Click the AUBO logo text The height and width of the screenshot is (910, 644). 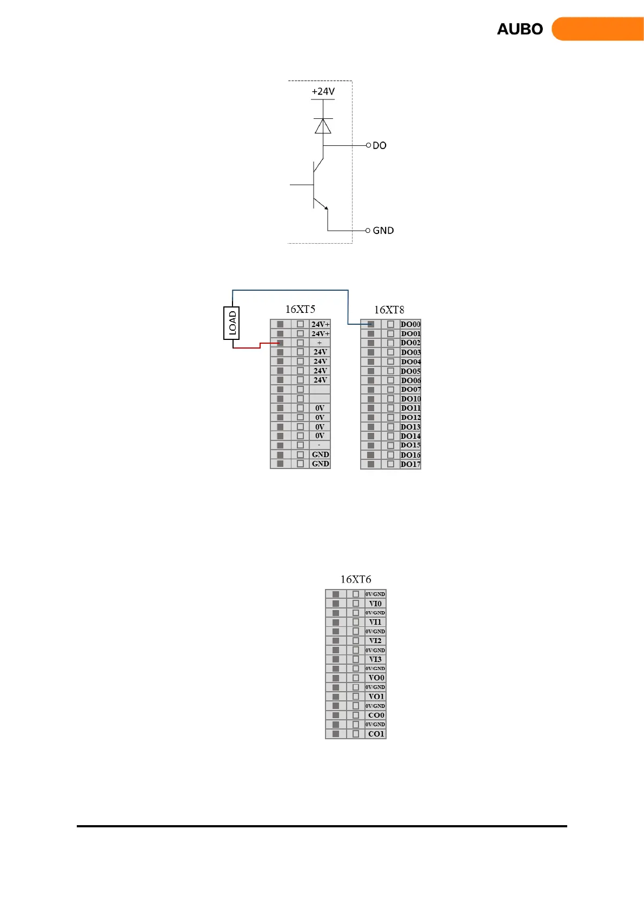click(520, 29)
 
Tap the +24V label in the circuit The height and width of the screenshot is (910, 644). click(323, 91)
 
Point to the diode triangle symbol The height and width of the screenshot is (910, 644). click(323, 126)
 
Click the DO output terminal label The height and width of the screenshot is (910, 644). click(380, 145)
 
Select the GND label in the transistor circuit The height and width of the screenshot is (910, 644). click(383, 231)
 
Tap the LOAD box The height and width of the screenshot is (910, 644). click(231, 323)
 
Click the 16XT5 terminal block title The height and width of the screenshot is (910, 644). click(300, 309)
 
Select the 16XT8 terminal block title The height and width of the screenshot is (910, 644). click(389, 310)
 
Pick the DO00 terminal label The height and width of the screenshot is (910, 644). click(410, 324)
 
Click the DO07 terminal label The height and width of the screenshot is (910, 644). click(410, 390)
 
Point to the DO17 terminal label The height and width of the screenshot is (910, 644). click(410, 464)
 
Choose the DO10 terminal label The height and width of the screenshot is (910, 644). click(410, 399)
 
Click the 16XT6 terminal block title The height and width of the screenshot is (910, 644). click(356, 579)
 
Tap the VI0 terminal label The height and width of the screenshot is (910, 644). click(375, 604)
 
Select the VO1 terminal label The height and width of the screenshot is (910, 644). click(376, 697)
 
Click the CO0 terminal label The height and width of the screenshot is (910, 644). click(376, 715)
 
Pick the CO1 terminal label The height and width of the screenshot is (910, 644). click(376, 734)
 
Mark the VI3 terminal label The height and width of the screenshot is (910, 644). click(375, 659)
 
